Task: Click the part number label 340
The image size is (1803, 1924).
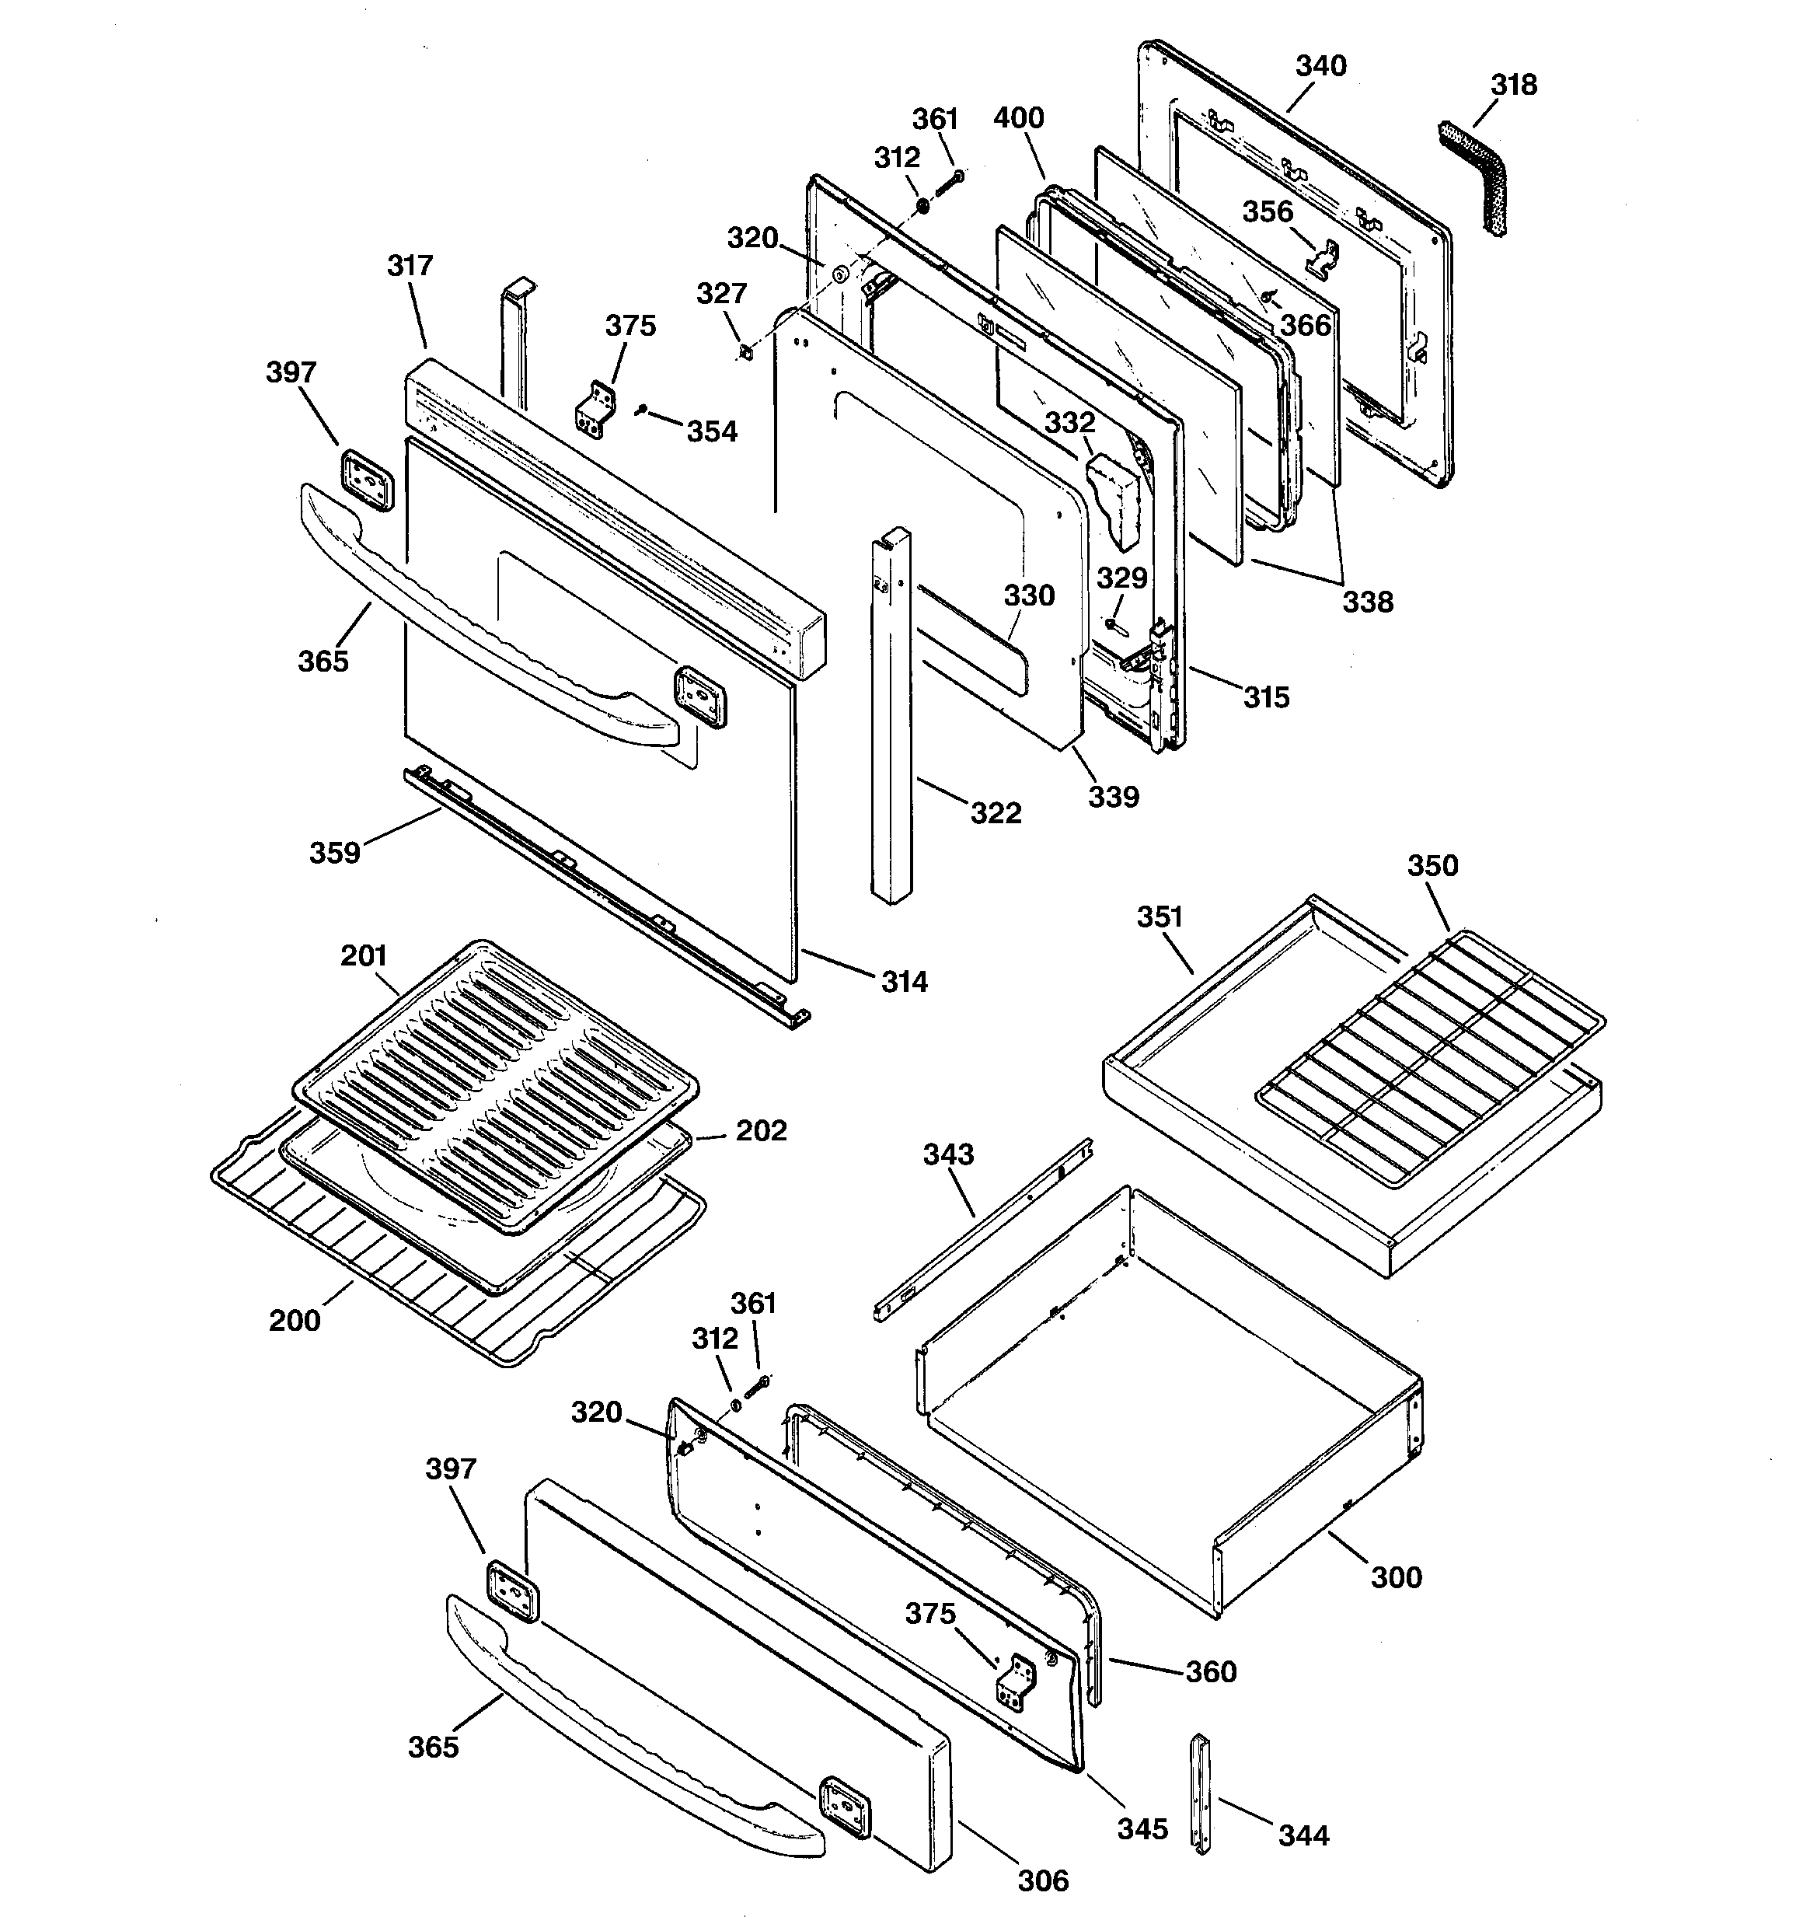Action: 1320,66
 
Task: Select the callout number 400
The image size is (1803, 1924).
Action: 1018,118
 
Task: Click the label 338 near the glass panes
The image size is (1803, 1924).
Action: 1368,602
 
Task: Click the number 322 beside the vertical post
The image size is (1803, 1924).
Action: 996,813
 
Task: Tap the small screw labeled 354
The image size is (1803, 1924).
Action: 642,411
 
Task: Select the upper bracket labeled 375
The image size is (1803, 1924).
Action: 596,408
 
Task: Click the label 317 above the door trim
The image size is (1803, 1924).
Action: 410,265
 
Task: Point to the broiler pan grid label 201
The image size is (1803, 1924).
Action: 363,955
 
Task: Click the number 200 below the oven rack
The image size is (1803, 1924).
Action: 295,1320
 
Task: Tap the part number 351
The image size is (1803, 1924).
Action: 1160,917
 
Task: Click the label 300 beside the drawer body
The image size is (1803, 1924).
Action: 1397,1577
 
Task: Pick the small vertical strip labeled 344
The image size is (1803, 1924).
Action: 1200,1793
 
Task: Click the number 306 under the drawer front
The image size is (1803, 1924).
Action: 1042,1880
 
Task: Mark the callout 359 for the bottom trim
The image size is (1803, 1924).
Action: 334,853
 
